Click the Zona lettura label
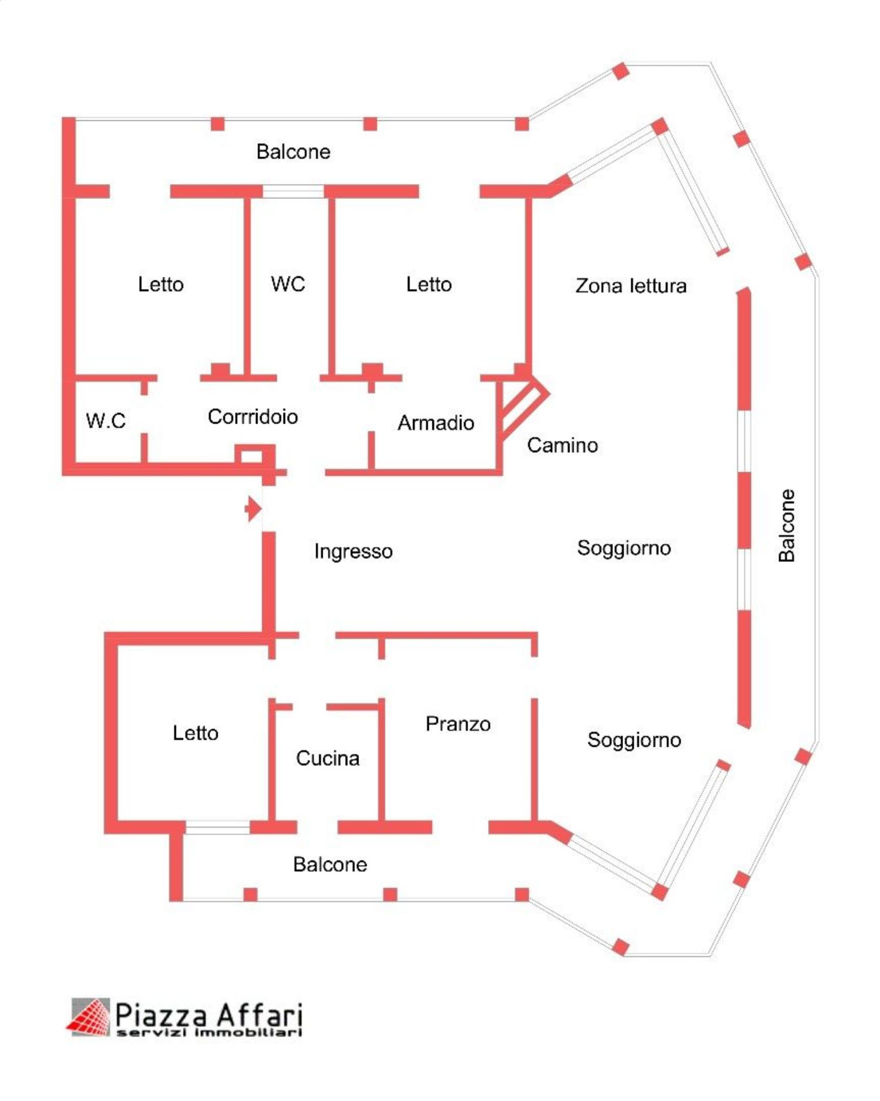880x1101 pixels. point(631,286)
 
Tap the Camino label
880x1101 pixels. point(562,445)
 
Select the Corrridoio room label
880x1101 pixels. point(253,416)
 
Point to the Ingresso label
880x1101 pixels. point(353,551)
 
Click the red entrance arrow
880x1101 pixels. point(253,509)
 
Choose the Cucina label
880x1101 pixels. point(327,758)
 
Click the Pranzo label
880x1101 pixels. point(458,724)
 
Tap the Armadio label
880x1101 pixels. point(436,422)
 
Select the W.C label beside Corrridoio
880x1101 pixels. point(106,420)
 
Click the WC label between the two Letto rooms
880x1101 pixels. point(288,284)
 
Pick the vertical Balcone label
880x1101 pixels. point(787,526)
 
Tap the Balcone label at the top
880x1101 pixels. point(293,152)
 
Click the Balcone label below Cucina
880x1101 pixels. point(330,864)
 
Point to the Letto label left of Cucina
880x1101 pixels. point(195,733)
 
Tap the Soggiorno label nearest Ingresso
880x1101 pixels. point(624,548)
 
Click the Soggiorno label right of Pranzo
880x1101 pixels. point(634,740)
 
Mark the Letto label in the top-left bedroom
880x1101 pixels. point(161,284)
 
